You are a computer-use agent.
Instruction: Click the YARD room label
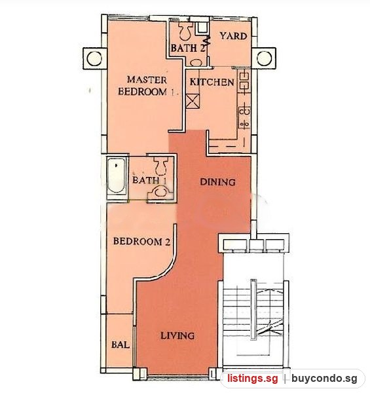point(234,36)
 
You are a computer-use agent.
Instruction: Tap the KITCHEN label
point(212,82)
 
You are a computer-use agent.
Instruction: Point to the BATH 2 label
point(188,48)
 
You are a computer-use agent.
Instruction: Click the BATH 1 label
point(149,180)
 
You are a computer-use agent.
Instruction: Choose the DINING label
point(217,182)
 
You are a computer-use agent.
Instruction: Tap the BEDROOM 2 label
point(142,241)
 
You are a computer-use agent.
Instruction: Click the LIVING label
point(177,335)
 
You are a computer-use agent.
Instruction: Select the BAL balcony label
point(120,345)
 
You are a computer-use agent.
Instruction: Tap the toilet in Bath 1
point(160,166)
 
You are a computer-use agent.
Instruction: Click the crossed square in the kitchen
point(193,101)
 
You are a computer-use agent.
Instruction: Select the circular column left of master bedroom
point(94,59)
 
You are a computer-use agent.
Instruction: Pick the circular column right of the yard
point(264,58)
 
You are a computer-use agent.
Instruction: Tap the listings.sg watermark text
point(253,379)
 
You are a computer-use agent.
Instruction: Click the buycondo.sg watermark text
point(324,379)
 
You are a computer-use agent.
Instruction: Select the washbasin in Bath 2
point(197,62)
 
